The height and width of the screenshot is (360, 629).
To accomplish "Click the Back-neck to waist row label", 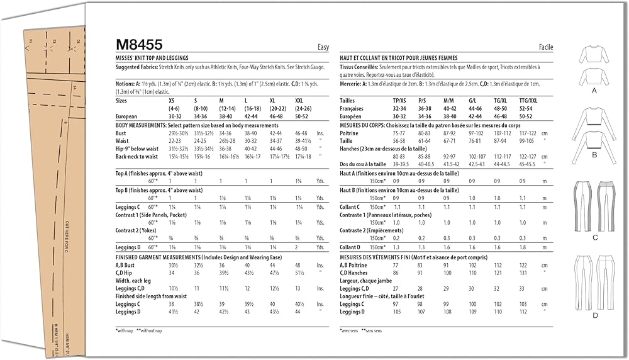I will pos(137,157).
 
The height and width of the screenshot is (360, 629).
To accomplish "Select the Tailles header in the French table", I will pos(348,100).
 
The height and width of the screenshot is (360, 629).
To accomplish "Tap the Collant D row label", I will pos(350,247).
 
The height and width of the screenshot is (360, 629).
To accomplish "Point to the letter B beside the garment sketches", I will pos(593,154).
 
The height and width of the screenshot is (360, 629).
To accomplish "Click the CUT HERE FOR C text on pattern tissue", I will pos(67,240).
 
